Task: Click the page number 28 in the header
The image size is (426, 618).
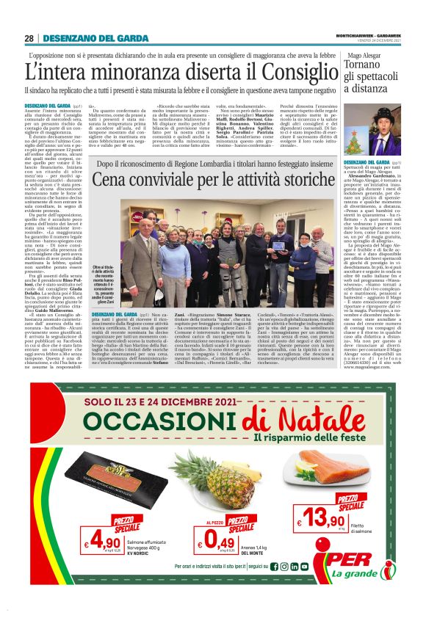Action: (29, 39)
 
